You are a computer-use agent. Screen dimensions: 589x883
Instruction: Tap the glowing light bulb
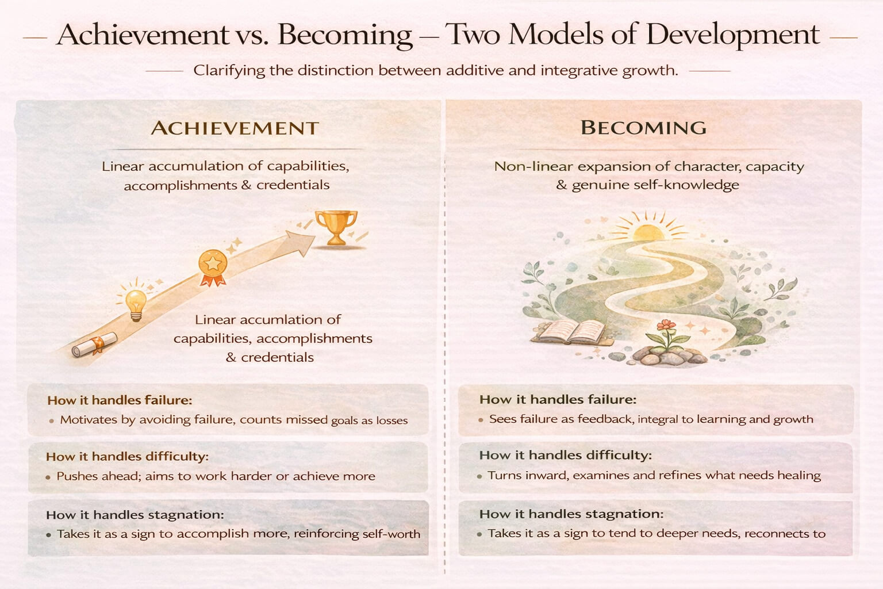(x=136, y=304)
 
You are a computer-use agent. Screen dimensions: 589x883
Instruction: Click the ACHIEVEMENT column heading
(x=235, y=128)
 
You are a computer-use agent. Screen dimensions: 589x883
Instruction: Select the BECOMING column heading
(x=643, y=127)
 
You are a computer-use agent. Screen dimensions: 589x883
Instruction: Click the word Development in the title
(x=732, y=35)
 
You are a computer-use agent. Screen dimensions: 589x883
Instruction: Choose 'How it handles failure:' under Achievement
(x=120, y=400)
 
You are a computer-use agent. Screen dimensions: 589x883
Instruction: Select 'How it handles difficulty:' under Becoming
(x=566, y=456)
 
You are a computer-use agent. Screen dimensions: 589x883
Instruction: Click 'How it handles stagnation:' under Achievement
(x=135, y=515)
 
